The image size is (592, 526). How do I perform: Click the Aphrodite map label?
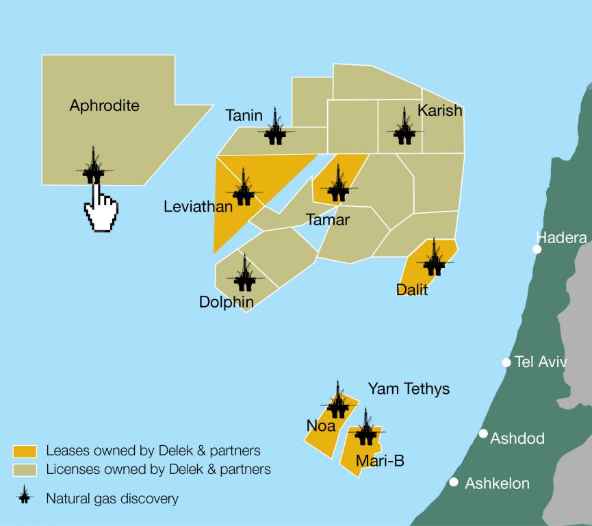[x=104, y=105]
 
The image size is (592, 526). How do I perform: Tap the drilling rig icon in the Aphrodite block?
[x=93, y=166]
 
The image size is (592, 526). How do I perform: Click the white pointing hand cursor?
[x=100, y=208]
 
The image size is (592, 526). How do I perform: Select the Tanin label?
[x=244, y=115]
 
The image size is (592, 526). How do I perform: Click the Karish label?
[x=440, y=110]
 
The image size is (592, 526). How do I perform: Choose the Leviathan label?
[x=198, y=206]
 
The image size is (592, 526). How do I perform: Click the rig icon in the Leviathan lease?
[x=244, y=188]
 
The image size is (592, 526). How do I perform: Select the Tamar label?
[x=328, y=220]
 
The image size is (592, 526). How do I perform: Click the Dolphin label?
[x=226, y=302]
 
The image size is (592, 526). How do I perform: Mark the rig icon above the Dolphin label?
[x=245, y=273]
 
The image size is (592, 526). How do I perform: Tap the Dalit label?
[x=412, y=290]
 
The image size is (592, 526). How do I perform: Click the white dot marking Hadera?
[x=537, y=249]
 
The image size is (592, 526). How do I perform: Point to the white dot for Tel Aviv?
[x=506, y=362]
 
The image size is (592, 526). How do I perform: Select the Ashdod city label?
[x=517, y=438]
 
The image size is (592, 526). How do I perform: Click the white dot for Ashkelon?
[x=454, y=482]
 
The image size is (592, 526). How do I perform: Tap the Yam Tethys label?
[x=409, y=389]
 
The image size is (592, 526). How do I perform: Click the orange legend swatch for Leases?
[x=25, y=451]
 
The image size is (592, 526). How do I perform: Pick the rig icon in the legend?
[x=25, y=497]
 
